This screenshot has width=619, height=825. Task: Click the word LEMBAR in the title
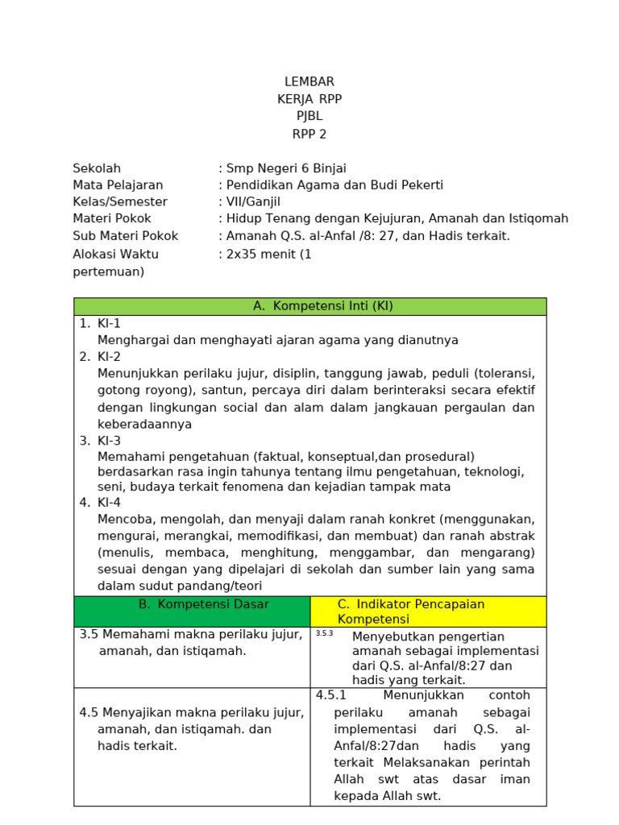click(309, 81)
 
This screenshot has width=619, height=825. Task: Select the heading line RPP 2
click(309, 134)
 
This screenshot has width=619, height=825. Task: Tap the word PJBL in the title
click(309, 116)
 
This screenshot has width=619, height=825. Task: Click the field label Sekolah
click(97, 168)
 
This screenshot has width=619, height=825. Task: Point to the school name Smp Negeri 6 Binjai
click(286, 168)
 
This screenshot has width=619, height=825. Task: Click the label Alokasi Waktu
click(115, 254)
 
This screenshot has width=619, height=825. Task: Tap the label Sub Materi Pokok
click(125, 236)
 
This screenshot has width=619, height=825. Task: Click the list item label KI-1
click(109, 323)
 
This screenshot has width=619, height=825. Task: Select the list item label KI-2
click(109, 356)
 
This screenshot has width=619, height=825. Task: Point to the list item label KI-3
click(109, 440)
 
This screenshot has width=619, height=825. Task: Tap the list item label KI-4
click(109, 502)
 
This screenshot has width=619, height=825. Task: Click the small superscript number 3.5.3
click(324, 633)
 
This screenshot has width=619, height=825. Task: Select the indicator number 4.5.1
click(330, 694)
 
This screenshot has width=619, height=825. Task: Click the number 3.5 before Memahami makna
click(89, 634)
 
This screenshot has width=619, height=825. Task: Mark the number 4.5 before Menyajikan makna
click(89, 712)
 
